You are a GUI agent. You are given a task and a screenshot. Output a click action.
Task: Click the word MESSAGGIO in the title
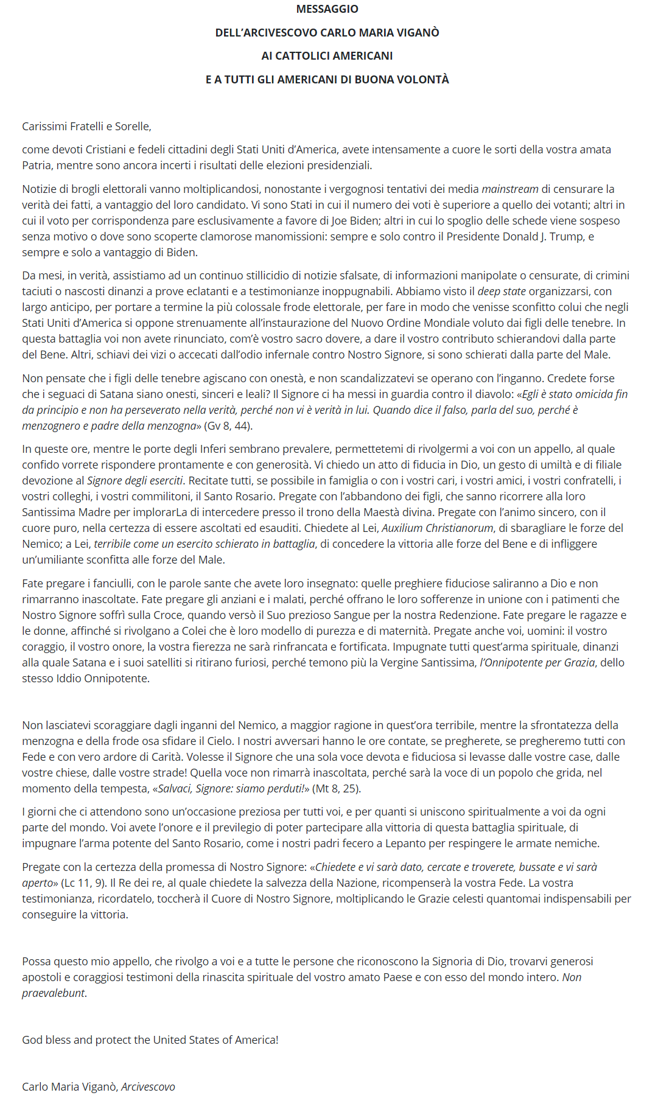coord(327,9)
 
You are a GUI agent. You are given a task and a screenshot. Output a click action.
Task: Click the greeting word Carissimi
coord(44,127)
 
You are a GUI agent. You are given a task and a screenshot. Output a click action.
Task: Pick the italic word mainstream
coord(510,189)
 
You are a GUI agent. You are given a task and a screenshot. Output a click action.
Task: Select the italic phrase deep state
coord(501,292)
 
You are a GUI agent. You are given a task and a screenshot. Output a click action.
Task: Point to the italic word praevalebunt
coord(54,993)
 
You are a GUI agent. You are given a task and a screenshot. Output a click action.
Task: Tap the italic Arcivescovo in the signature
coord(148,1087)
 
